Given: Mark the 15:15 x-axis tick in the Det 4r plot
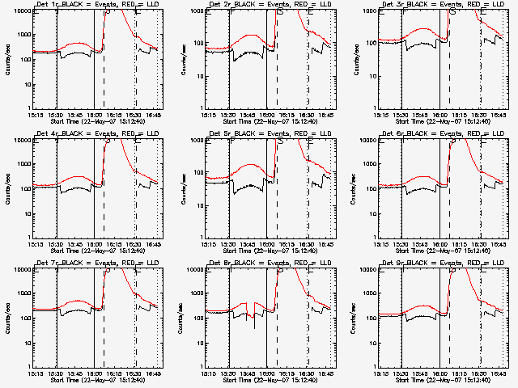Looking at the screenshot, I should coord(35,243).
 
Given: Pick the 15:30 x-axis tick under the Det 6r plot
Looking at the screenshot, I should coord(401,243).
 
